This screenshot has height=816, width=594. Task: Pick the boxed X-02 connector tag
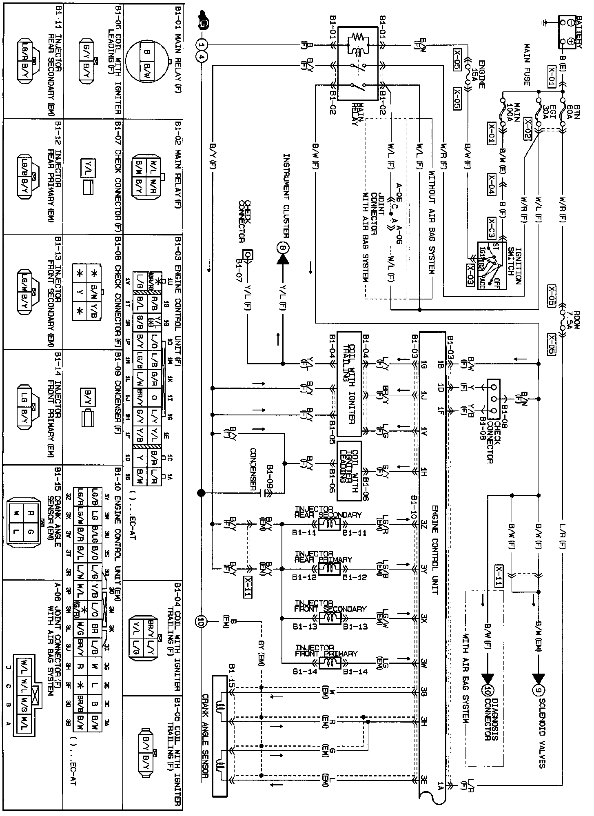pos(528,129)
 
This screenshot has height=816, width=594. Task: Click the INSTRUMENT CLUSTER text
pos(287,196)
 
